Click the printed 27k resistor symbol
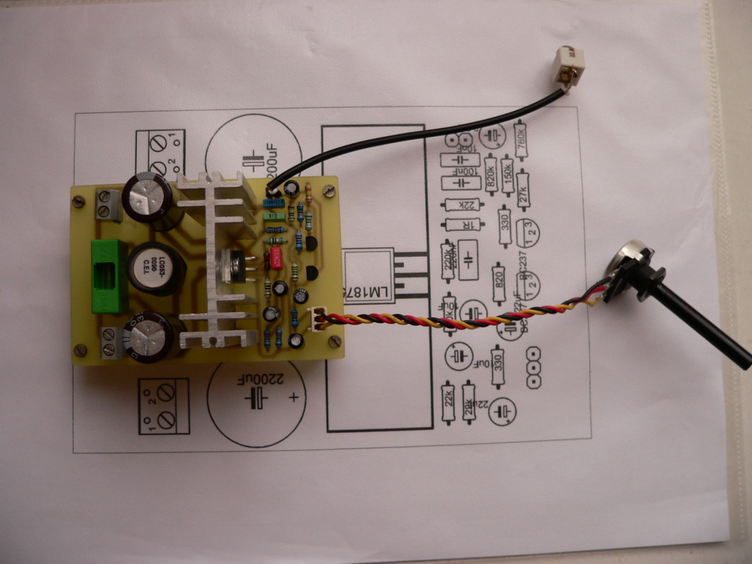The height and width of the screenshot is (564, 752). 522,189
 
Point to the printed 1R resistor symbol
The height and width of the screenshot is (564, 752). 460,225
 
